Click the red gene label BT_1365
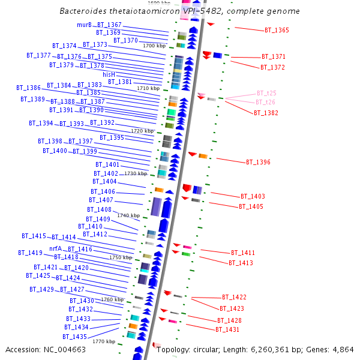coord(277,30)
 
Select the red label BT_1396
coord(258,162)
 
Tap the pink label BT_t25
coord(266,93)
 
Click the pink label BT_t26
coord(266,102)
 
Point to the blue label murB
coord(84,25)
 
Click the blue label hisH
coord(109,74)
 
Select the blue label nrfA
coord(56,248)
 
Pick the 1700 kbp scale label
coord(154,46)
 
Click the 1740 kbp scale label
coord(128,215)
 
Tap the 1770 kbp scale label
coord(104,341)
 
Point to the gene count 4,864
coord(342,350)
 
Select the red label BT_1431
coord(227,330)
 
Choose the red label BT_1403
coord(253,196)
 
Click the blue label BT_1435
coord(75,337)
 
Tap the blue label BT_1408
coord(99,209)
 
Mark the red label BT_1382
coord(266,113)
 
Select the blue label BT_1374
coord(64,46)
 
